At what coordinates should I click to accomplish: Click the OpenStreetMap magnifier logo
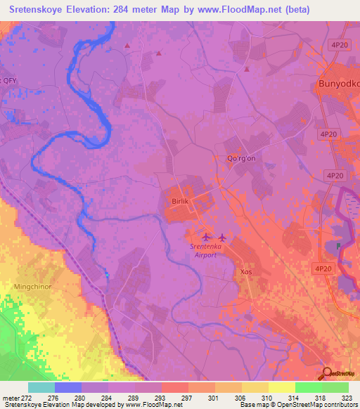pyautogui.click(x=328, y=373)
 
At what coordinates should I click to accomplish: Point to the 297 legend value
pyautogui.click(x=188, y=398)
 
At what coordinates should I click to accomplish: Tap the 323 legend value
pyautogui.click(x=347, y=398)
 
